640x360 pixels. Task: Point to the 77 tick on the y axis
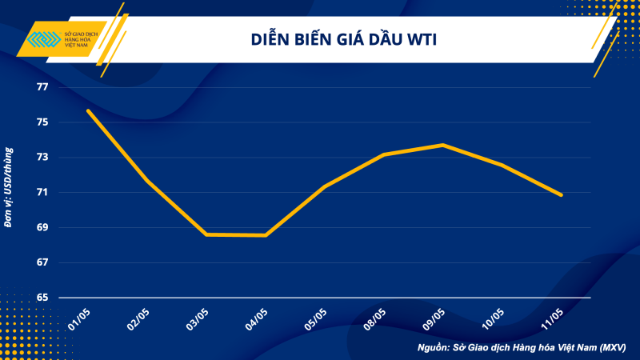(x=42, y=87)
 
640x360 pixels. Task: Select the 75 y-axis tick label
(x=42, y=122)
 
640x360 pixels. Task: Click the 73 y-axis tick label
(x=42, y=158)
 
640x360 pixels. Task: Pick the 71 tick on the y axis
(x=42, y=193)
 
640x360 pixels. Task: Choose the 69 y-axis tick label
(x=42, y=228)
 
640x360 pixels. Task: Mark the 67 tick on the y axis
(x=42, y=262)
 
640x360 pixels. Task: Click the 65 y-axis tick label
(x=42, y=298)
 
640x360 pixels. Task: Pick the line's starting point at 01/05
(x=88, y=111)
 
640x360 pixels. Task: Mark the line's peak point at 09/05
(x=442, y=145)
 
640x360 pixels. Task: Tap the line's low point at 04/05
(x=266, y=235)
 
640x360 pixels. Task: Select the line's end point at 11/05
(x=561, y=194)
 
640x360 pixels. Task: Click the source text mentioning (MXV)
(x=522, y=348)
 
